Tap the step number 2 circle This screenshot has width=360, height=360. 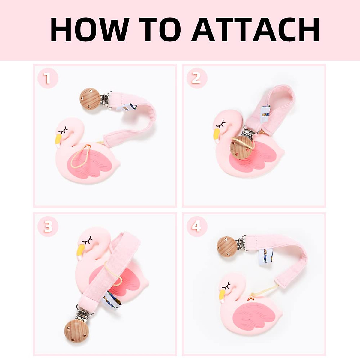click(x=196, y=79)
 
